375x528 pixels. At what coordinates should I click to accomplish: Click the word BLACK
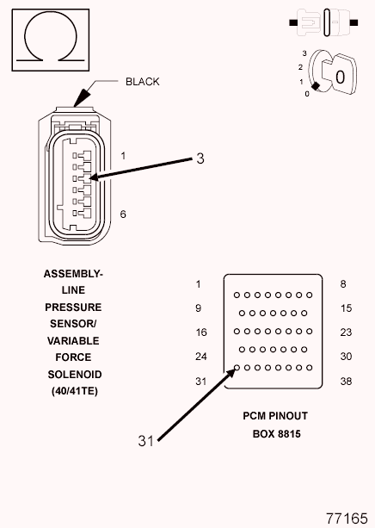(x=142, y=82)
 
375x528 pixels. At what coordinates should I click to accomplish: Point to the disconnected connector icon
(x=323, y=22)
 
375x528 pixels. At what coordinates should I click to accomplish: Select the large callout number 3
(x=200, y=158)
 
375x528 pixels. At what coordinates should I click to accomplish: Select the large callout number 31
(x=145, y=441)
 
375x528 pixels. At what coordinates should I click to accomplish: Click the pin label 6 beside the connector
(x=123, y=214)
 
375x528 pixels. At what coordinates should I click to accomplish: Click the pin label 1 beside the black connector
(x=124, y=156)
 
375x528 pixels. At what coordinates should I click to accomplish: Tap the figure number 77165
(x=347, y=519)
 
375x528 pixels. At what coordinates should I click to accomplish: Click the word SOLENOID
(x=75, y=375)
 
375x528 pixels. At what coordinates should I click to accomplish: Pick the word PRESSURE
(x=73, y=307)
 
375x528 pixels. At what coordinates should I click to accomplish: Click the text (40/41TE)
(x=75, y=391)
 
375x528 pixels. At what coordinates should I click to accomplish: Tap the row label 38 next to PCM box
(x=346, y=382)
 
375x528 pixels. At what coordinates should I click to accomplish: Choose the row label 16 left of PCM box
(x=201, y=332)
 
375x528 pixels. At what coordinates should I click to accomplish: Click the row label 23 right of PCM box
(x=346, y=332)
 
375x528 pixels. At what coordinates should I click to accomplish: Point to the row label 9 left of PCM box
(x=199, y=308)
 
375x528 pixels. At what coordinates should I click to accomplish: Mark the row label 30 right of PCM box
(x=346, y=357)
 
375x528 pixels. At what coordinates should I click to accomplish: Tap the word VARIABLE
(x=73, y=341)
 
